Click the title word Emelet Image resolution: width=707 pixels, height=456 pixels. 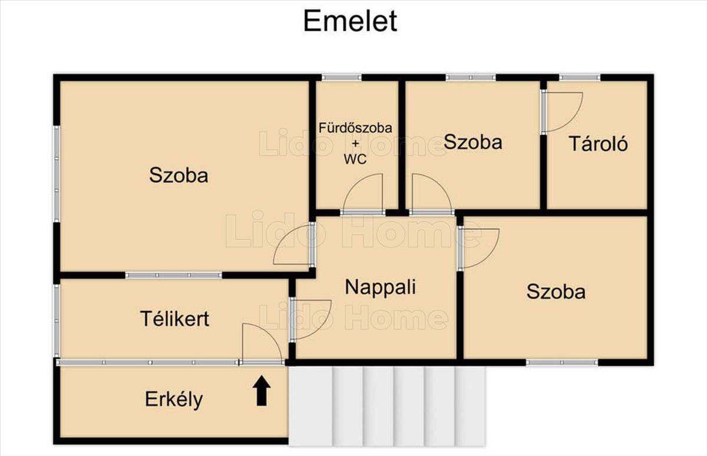350,21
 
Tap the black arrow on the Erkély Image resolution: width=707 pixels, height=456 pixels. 262,391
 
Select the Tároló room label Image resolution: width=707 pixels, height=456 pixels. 598,144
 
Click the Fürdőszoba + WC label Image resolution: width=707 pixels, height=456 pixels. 355,143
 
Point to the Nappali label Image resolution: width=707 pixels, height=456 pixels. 380,287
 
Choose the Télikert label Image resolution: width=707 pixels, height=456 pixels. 174,319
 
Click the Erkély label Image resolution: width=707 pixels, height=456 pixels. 174,399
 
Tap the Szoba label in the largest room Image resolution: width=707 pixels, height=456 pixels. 179,175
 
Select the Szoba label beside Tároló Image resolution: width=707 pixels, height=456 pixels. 473,142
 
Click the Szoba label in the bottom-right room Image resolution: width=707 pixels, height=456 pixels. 556,292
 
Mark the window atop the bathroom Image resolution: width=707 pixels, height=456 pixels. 341,77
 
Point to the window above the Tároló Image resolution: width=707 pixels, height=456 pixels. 579,77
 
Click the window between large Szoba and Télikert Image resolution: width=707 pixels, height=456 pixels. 174,275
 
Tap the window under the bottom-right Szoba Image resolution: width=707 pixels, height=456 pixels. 561,362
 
